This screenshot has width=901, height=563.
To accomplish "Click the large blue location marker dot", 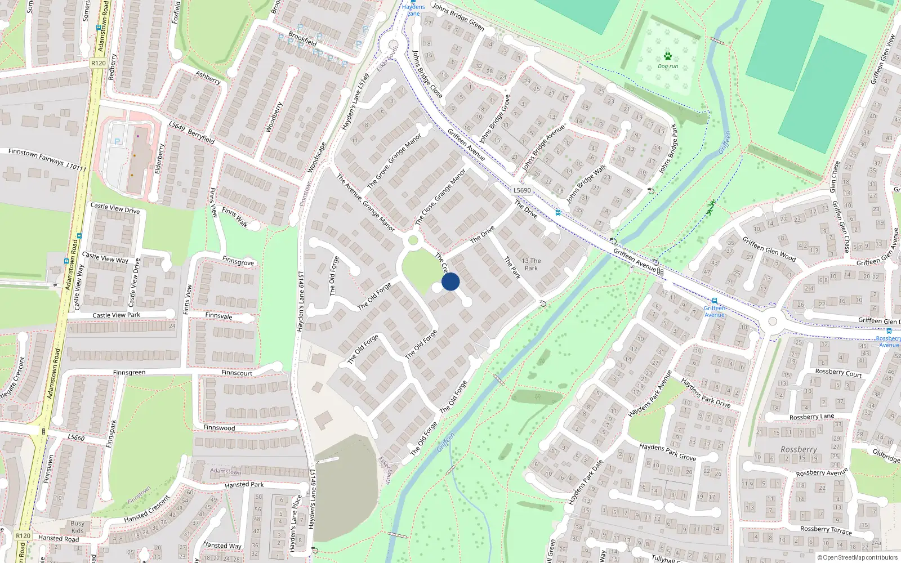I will click(x=450, y=281).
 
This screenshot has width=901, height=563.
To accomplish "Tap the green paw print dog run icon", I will click(x=668, y=56).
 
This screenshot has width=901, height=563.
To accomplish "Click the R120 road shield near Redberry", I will click(x=98, y=63).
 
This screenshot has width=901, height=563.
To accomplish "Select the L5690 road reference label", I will click(x=522, y=190).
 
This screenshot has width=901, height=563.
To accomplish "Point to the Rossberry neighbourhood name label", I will click(x=799, y=449).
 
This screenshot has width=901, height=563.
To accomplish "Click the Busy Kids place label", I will click(x=78, y=527).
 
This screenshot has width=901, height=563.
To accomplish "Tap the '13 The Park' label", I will click(x=531, y=264).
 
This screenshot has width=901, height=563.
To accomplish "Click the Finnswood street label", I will click(x=219, y=428).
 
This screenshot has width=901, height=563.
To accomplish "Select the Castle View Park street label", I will click(x=116, y=315).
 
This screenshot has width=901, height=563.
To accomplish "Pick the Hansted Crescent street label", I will click(x=147, y=508).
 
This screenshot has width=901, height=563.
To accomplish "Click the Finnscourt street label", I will click(x=237, y=373).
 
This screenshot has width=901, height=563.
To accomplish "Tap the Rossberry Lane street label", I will click(x=811, y=417).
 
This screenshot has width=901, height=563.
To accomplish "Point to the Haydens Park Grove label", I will click(x=667, y=452).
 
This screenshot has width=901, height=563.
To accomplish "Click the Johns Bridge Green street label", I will click(x=458, y=16).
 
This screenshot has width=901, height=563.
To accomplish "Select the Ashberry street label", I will click(x=208, y=78).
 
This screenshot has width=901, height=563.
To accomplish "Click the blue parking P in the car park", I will click(x=117, y=141).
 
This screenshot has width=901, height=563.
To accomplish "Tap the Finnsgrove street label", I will click(x=238, y=262).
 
